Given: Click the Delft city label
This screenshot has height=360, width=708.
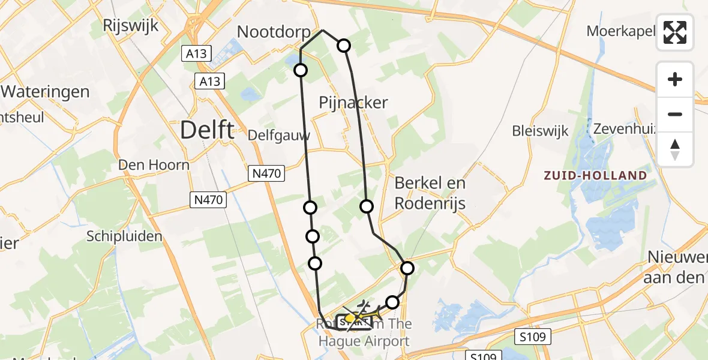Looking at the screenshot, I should click(208, 130).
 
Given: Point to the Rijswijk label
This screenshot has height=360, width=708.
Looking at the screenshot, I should click(130, 25).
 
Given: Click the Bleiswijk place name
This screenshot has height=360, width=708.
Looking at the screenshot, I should click(540, 131).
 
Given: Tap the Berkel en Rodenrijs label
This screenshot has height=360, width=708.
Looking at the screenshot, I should click(430, 192).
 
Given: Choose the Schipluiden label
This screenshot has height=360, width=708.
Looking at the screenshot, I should click(124, 236).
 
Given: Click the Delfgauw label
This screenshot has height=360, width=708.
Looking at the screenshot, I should click(280, 135).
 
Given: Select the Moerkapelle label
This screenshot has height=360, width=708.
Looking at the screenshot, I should click(620, 31).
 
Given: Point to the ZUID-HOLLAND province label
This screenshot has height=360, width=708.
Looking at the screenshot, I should click(595, 176).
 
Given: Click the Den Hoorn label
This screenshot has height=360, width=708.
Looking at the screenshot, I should click(154, 164).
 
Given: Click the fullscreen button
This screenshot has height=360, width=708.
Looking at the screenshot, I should click(675, 32).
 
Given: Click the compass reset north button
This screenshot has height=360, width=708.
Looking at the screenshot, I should click(675, 149).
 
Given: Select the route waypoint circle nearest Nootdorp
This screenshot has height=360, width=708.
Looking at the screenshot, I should click(301, 70).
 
